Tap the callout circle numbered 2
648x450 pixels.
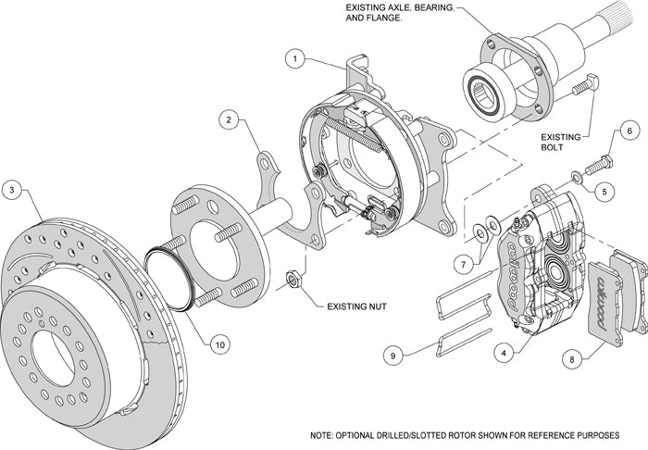pos(228,119)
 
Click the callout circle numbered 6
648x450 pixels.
pos(629,132)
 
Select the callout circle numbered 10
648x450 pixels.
pos(218,344)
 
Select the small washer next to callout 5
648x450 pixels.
pos(578,176)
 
